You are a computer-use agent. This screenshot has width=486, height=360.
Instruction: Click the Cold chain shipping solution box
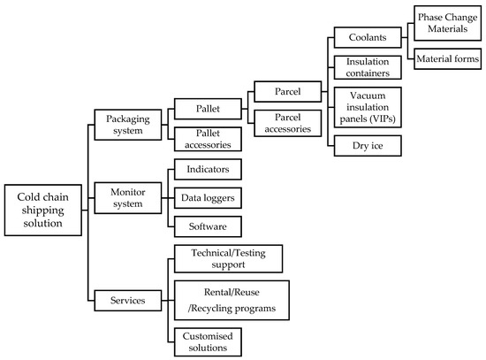coord(43,210)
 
